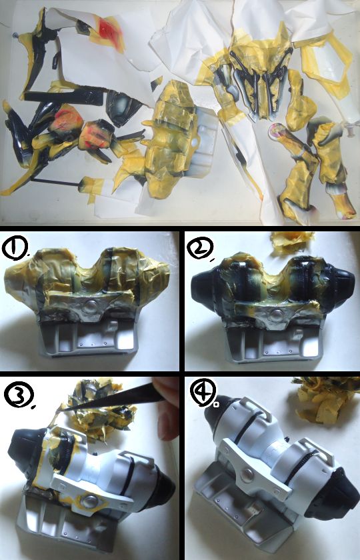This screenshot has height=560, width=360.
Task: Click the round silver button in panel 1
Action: coord(90,307)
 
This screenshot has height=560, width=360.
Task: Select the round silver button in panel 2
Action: coord(276,315)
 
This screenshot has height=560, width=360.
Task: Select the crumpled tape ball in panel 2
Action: coord(291,242)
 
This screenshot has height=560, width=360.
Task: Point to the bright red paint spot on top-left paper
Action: coord(107,28)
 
